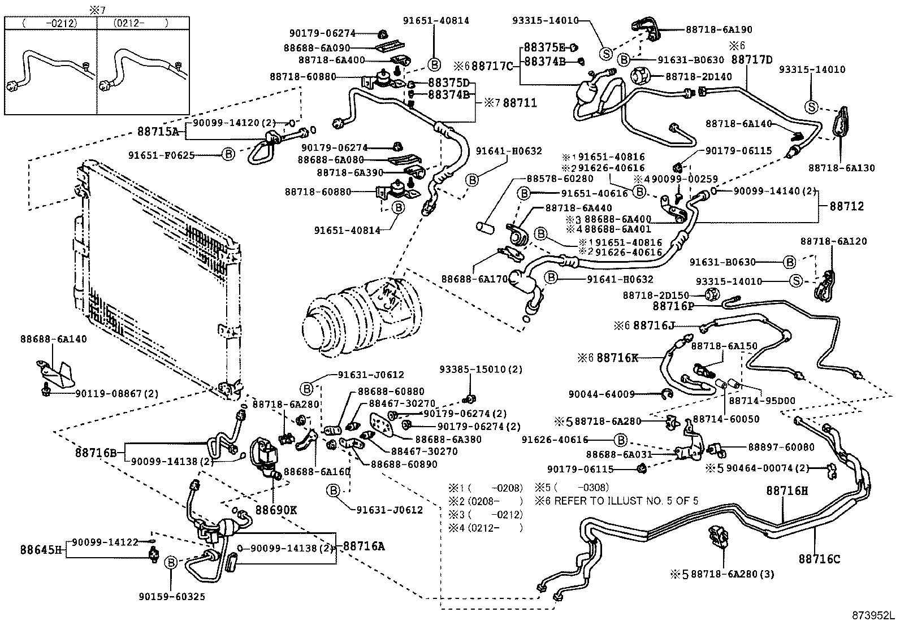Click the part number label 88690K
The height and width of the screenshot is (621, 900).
[x=276, y=510]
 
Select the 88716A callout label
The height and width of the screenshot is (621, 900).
[x=364, y=546]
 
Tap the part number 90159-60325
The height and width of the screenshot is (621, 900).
[x=172, y=597]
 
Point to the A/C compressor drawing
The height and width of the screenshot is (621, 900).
[x=362, y=318]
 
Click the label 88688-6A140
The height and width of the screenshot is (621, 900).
[x=54, y=339]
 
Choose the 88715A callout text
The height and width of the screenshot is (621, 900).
[x=158, y=131]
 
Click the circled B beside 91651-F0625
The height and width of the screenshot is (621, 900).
[x=228, y=154]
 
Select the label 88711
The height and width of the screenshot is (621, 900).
[x=520, y=103]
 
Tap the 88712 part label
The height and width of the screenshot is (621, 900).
[x=846, y=206]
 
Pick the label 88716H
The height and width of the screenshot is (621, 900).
[x=787, y=490]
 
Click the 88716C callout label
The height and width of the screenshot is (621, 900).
[x=819, y=559]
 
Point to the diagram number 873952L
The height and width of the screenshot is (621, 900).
[x=874, y=615]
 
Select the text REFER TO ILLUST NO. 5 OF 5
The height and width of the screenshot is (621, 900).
[x=626, y=501]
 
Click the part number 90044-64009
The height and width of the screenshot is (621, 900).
[x=602, y=394]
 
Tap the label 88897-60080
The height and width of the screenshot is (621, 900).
[x=781, y=447]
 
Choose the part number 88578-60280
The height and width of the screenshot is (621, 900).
[x=560, y=179]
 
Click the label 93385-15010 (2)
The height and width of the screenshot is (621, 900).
[x=481, y=369]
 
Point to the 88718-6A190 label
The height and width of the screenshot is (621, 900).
[x=719, y=29]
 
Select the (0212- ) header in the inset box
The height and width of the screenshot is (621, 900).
[x=141, y=23]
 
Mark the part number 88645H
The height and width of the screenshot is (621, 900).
[x=41, y=549]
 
